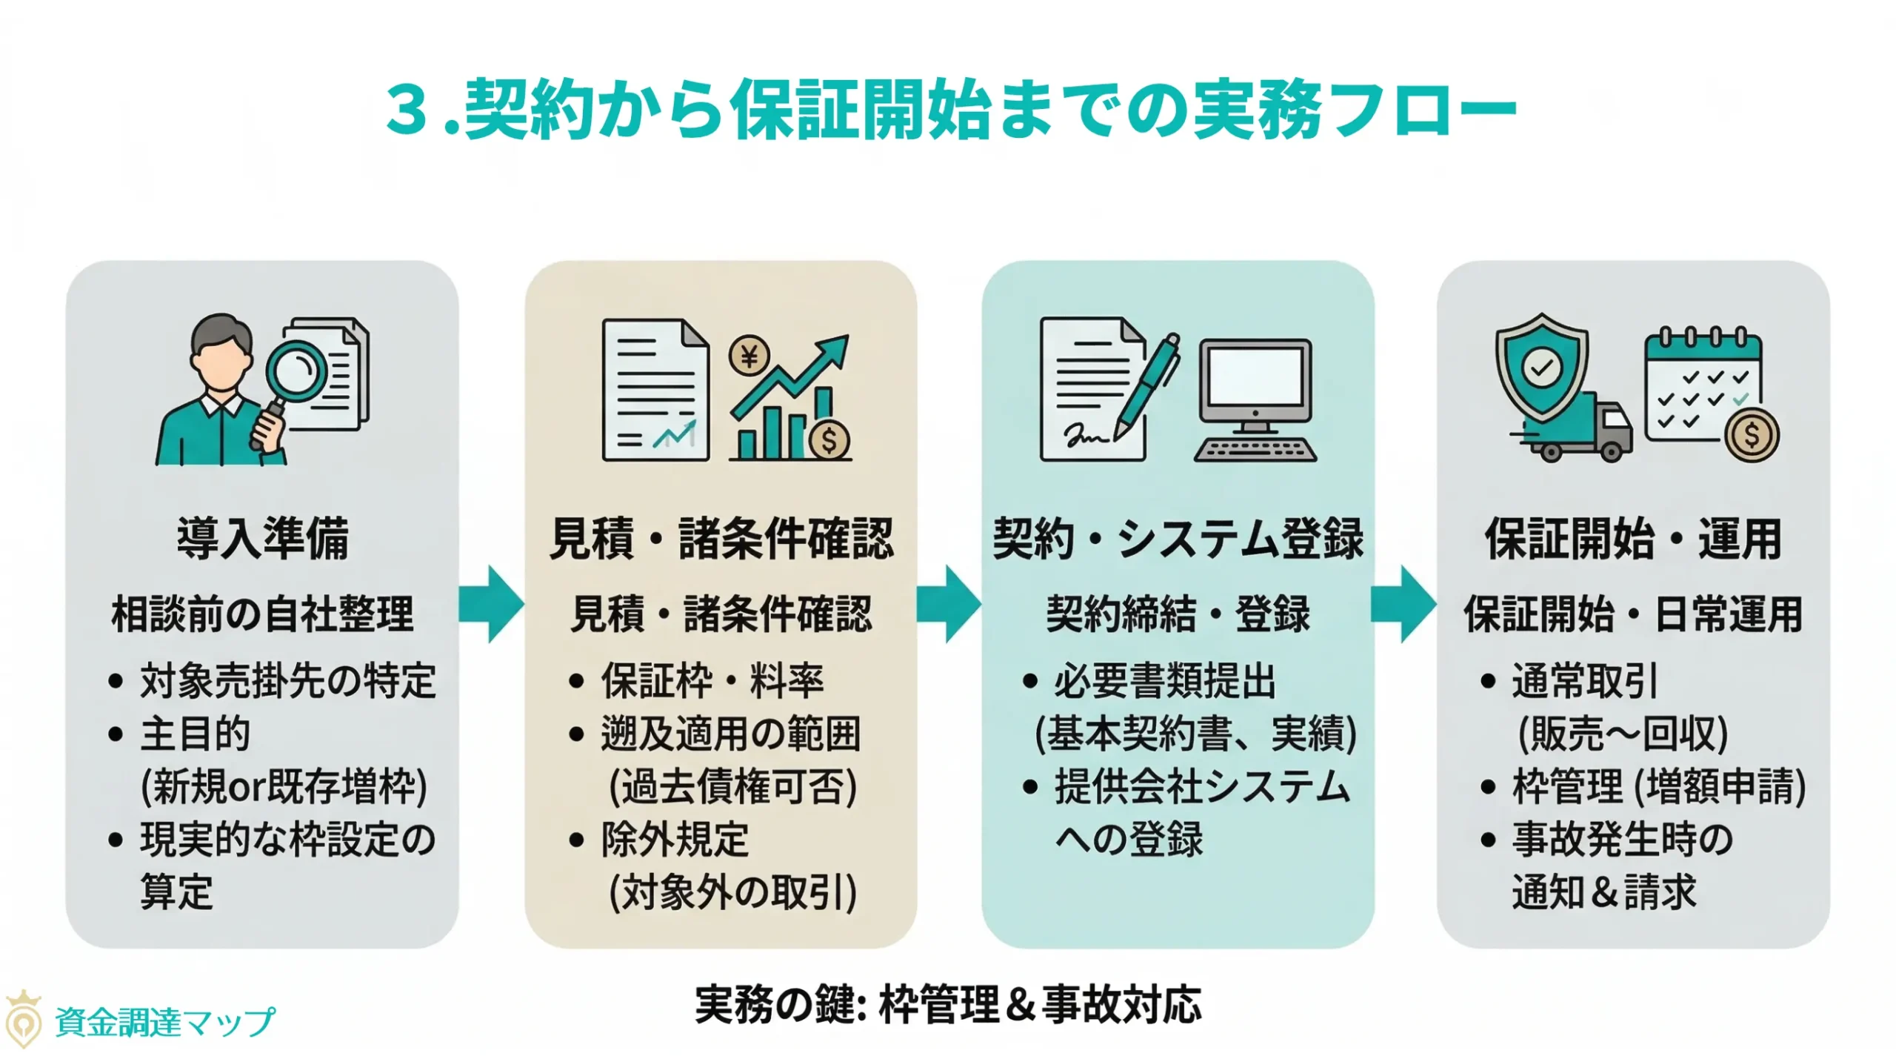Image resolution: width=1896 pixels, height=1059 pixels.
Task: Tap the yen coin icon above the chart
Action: point(749,357)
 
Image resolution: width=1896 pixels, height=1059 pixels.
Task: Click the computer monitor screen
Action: point(1255,377)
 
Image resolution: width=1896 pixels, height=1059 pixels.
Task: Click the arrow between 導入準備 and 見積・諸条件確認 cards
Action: point(490,604)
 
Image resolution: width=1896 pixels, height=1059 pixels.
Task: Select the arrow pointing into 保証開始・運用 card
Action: point(1403,604)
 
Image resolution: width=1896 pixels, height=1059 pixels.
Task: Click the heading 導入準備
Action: point(262,539)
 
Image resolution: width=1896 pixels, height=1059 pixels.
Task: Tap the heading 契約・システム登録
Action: point(1178,539)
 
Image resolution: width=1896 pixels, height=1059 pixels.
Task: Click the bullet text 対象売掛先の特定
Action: point(288,681)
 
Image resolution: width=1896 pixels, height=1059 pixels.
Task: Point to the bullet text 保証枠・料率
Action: point(712,681)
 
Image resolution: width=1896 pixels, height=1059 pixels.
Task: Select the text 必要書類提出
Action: point(1164,681)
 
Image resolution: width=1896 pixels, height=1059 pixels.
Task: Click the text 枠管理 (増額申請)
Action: point(1658,786)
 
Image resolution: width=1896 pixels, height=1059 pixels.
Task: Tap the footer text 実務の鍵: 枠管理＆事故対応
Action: point(948,1005)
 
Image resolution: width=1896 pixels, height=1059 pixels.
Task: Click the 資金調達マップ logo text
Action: point(164,1023)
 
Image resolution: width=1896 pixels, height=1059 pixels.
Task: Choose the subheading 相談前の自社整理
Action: point(262,614)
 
